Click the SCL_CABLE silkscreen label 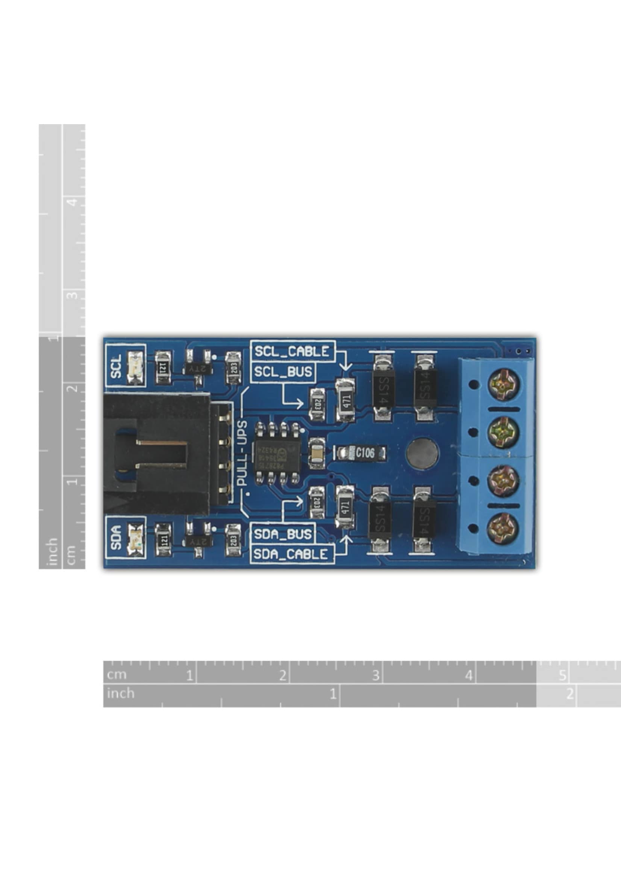click(x=292, y=351)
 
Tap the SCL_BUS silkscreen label click(x=283, y=372)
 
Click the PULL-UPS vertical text click(x=242, y=454)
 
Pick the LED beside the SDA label click(x=135, y=537)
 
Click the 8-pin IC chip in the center click(x=277, y=453)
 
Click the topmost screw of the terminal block click(x=503, y=384)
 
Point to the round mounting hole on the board click(x=423, y=453)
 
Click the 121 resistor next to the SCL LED click(x=163, y=367)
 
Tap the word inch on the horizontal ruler click(x=120, y=693)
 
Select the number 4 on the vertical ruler click(x=73, y=202)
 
